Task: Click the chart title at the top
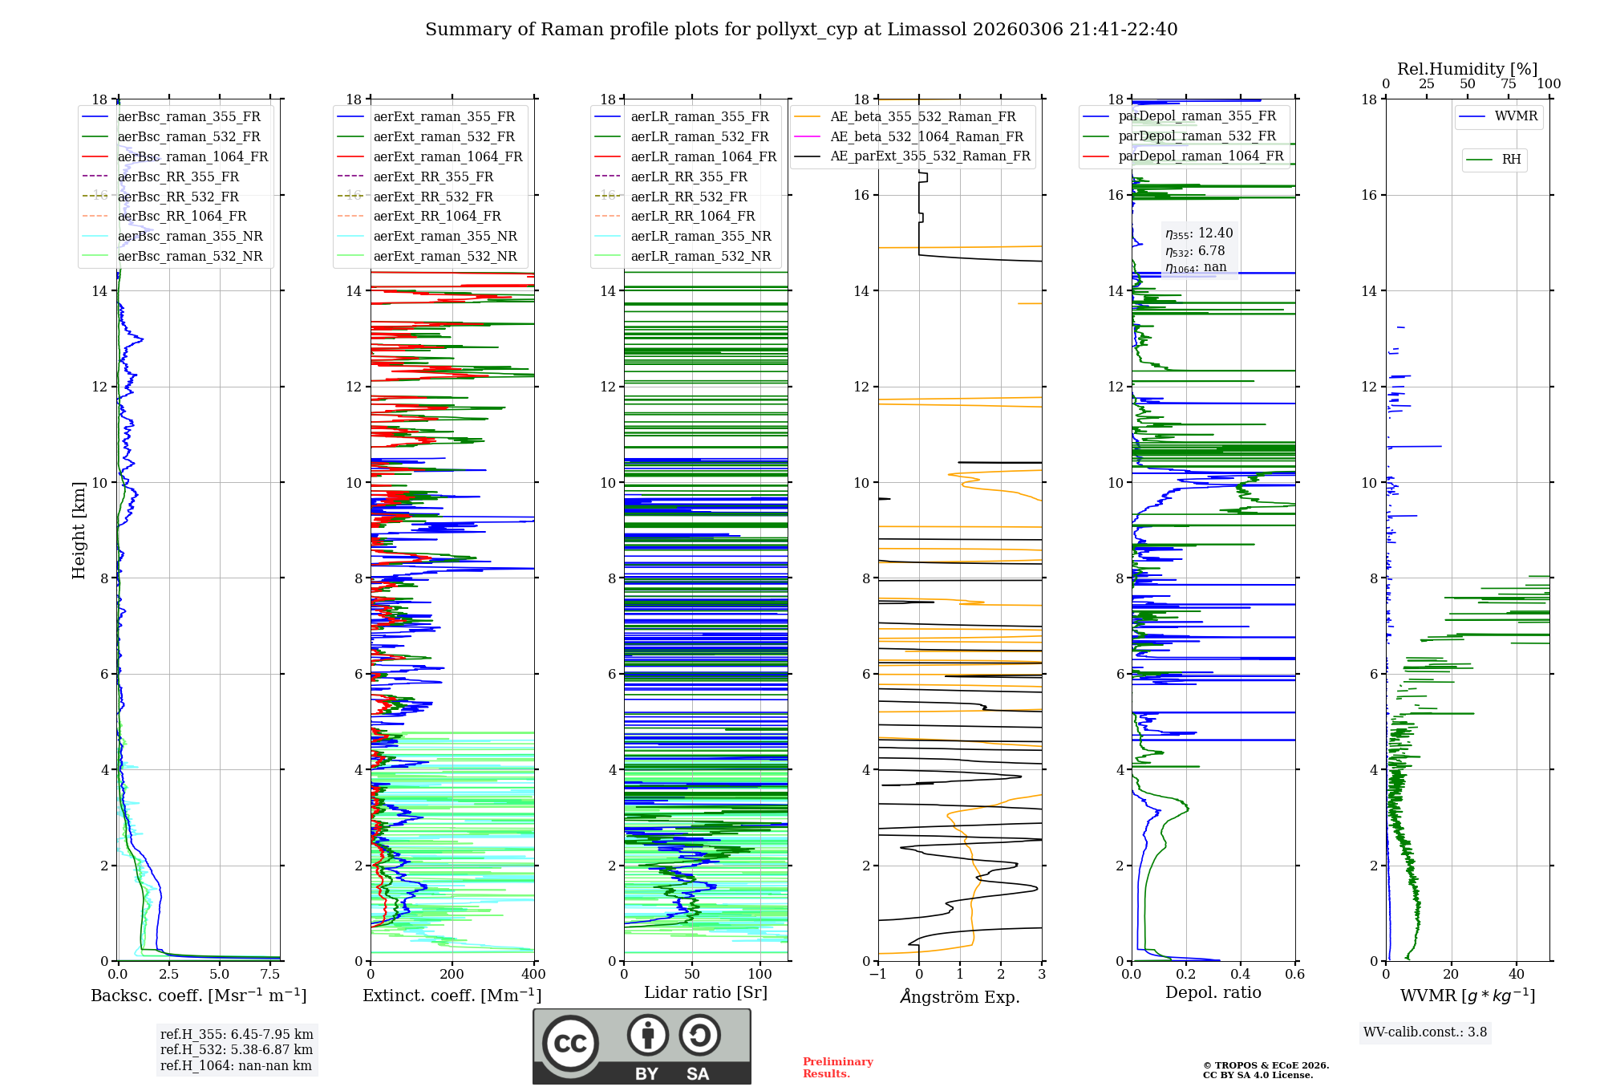(x=801, y=30)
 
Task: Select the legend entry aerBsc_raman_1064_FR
(x=192, y=157)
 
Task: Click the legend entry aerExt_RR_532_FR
(x=433, y=197)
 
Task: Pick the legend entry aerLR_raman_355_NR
(x=700, y=237)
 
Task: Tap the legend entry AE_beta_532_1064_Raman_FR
(x=926, y=137)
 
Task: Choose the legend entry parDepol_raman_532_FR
(x=1197, y=136)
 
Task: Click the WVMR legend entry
(x=1516, y=116)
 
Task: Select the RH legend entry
(x=1511, y=160)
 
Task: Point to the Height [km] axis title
(x=79, y=530)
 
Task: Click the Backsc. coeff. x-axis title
(x=198, y=996)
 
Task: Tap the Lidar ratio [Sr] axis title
(x=706, y=993)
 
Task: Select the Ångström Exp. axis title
(x=960, y=997)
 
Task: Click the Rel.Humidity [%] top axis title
(x=1467, y=69)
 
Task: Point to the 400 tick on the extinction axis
(x=533, y=975)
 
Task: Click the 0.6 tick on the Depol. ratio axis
(x=1294, y=975)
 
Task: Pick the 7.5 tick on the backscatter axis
(x=270, y=975)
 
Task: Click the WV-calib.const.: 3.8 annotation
(x=1425, y=1032)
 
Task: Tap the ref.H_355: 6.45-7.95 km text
(x=237, y=1035)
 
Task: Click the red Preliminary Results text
(x=837, y=1068)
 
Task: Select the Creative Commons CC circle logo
(x=570, y=1044)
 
